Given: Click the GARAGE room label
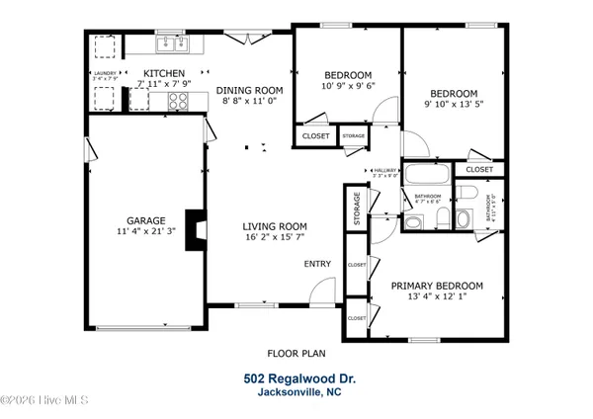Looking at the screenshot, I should pos(145,221).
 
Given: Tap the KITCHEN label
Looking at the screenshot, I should pos(163,73).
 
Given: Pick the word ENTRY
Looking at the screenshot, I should pos(317,264).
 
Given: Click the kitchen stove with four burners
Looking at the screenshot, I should pos(179,100).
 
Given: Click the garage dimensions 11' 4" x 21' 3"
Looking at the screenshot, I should pos(145,232).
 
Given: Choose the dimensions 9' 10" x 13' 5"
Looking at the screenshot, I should pos(457,103).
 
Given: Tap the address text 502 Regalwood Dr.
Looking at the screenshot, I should pos(297,377).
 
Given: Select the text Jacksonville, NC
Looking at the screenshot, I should pos(297,392).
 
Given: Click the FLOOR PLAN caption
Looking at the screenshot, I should pos(296,352).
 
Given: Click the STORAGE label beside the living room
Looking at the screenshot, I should pos(357,208).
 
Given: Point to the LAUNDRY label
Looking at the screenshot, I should pos(105,72).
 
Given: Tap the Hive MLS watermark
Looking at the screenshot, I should pos(44,400).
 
